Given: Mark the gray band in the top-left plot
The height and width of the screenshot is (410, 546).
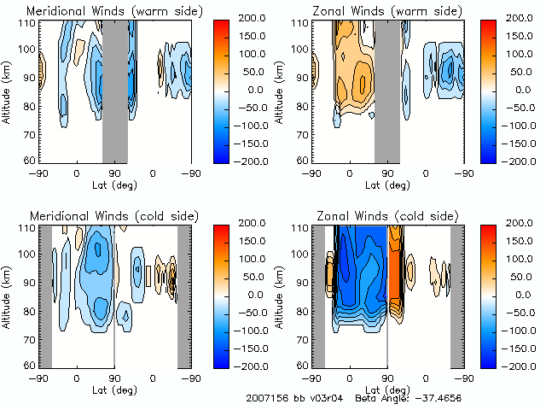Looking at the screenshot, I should pyautogui.click(x=115, y=91).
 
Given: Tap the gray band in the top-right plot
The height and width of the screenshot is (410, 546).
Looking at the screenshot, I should pyautogui.click(x=386, y=91).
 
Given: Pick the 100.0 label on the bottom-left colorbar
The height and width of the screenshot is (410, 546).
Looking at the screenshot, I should pyautogui.click(x=247, y=259).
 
